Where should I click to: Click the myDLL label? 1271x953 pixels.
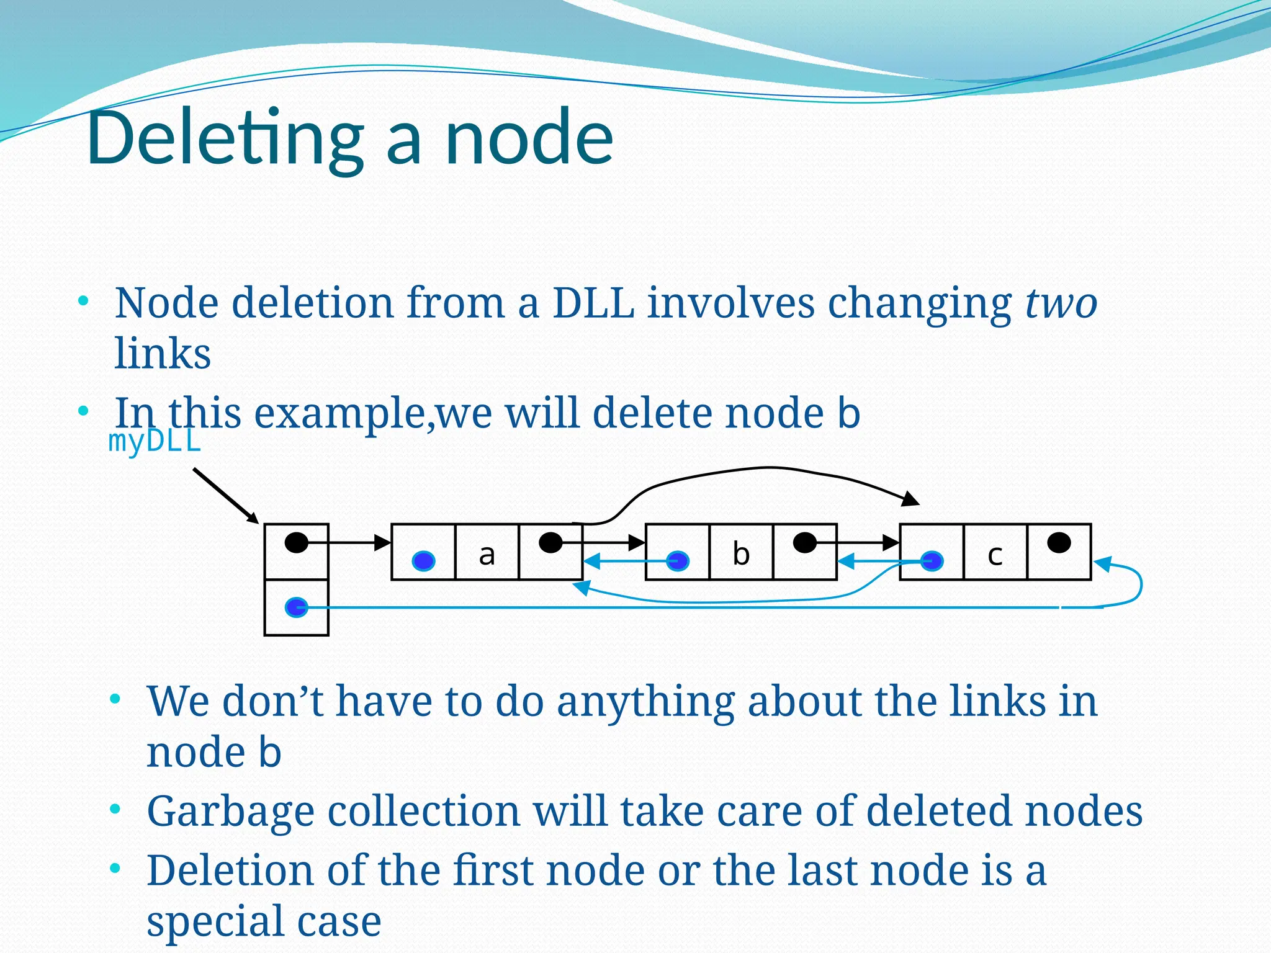click(x=155, y=442)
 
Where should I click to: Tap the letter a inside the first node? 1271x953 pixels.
click(x=487, y=554)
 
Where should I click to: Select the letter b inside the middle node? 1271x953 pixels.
click(x=741, y=553)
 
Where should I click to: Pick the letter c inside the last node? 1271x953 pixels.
click(x=995, y=555)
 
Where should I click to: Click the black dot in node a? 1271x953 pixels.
click(x=550, y=543)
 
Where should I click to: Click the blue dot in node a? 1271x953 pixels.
click(x=424, y=561)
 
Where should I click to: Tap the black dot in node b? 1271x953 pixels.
click(x=805, y=543)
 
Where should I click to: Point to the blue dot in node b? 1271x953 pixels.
click(x=678, y=561)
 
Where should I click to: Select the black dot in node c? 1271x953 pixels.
click(x=1059, y=543)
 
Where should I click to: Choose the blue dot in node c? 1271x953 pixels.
click(x=932, y=561)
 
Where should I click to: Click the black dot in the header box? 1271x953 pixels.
click(x=297, y=543)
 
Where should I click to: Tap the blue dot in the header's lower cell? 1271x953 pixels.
click(x=297, y=607)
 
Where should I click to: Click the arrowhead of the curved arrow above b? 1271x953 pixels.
click(x=911, y=499)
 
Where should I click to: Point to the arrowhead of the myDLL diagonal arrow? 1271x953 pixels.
click(x=253, y=518)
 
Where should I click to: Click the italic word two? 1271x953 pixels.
click(x=1061, y=303)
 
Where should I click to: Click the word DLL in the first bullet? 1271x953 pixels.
click(x=593, y=303)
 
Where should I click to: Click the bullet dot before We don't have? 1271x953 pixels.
click(x=115, y=700)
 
